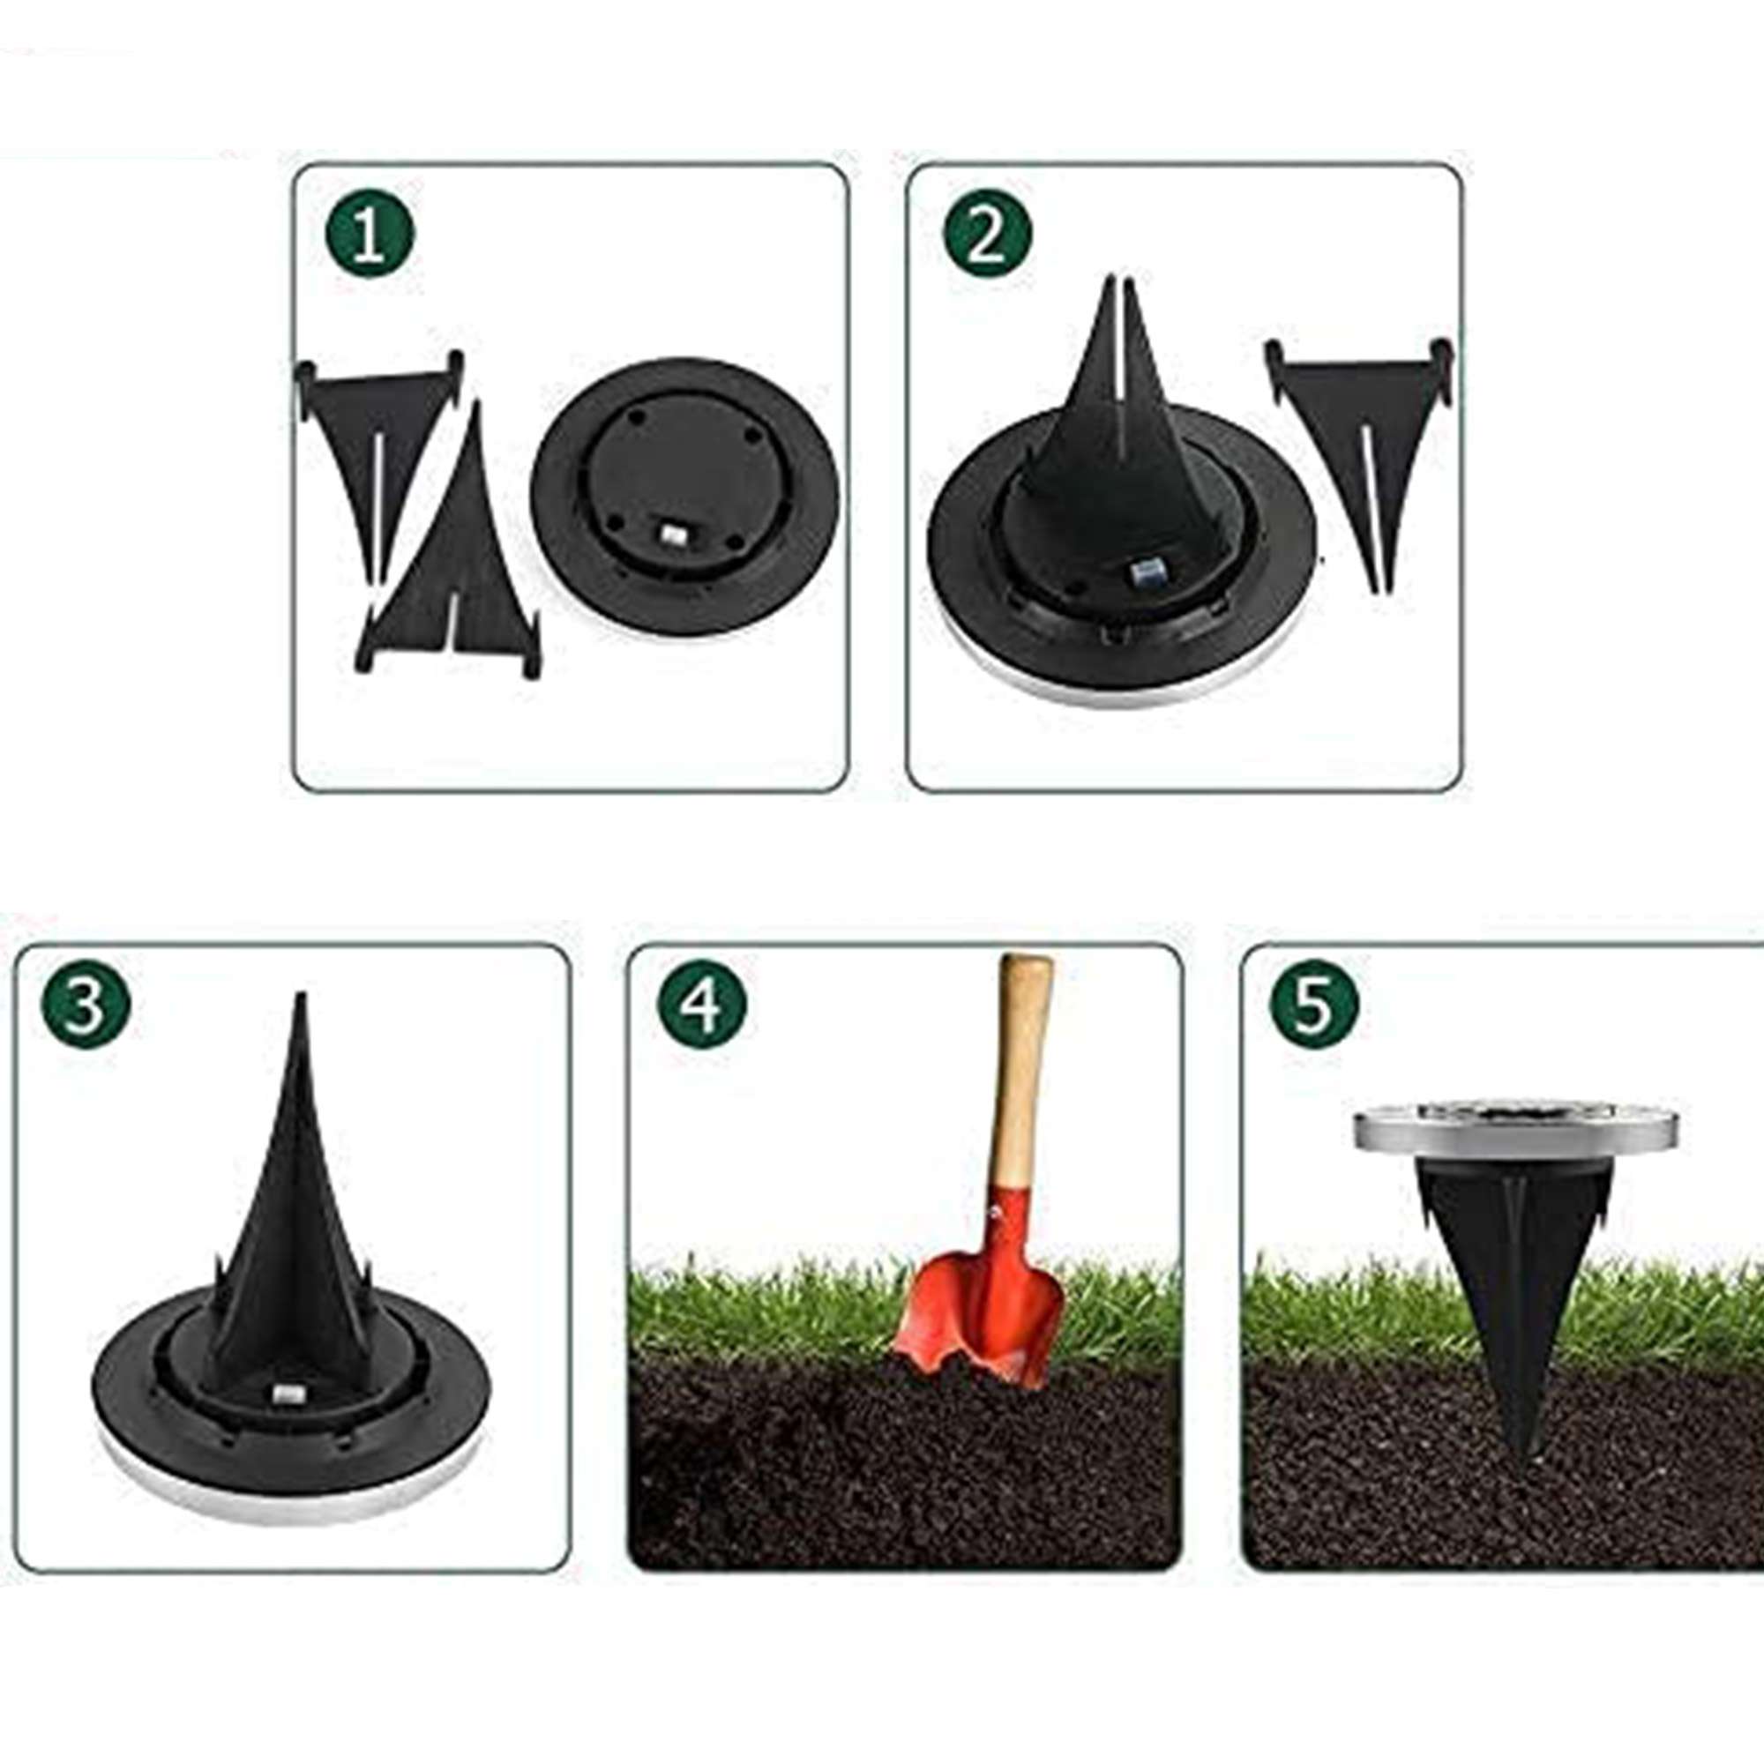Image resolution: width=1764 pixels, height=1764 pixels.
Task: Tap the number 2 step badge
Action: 986,235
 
